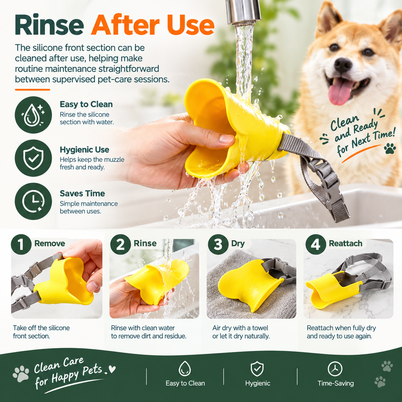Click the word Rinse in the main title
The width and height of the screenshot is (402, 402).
pyautogui.click(x=49, y=25)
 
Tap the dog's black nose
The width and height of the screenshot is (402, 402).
pyautogui.click(x=343, y=65)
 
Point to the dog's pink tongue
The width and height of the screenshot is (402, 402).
pyautogui.click(x=339, y=92)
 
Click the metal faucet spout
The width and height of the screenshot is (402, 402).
pyautogui.click(x=243, y=12)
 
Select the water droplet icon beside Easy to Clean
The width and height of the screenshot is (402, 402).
pyautogui.click(x=33, y=115)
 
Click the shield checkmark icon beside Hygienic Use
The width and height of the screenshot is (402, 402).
pyautogui.click(x=33, y=158)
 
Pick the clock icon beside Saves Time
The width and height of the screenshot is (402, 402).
pyautogui.click(x=33, y=202)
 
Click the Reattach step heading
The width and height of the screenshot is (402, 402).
pyautogui.click(x=346, y=243)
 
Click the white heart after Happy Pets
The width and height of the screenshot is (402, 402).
pyautogui.click(x=112, y=369)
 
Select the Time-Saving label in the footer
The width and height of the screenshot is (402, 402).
pyautogui.click(x=335, y=383)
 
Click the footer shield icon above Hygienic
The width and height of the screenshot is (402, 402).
pyautogui.click(x=257, y=369)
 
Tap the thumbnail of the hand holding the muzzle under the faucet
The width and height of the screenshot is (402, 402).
pyautogui.click(x=154, y=279)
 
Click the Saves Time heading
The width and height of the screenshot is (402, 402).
pyautogui.click(x=82, y=193)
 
